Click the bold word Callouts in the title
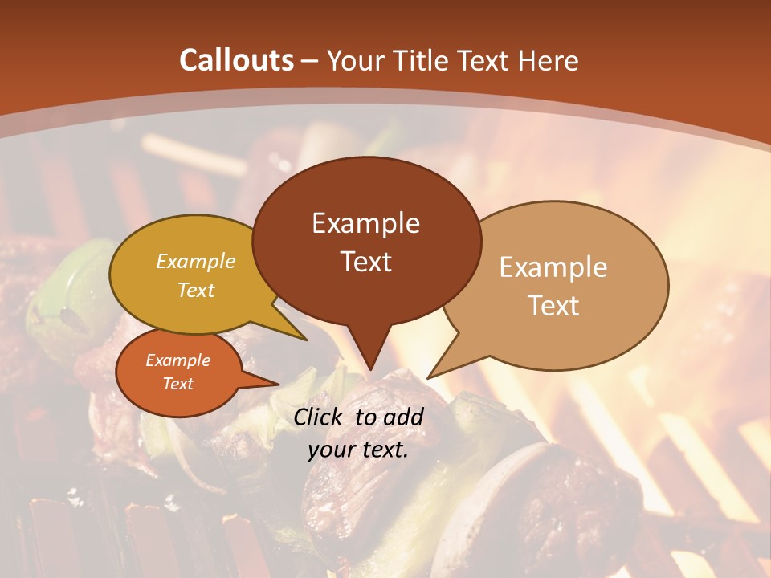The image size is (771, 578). pos(236,60)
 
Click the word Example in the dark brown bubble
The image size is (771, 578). pos(365,223)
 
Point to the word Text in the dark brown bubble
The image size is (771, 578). pos(365,262)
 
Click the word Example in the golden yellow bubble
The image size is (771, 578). pos(195,262)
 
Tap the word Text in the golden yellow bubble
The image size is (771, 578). pos(195,290)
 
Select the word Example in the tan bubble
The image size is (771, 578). pos(553,267)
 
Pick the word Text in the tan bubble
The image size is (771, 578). pos(553,306)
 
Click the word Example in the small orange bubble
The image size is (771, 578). pos(177,360)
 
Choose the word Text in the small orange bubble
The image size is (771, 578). pos(177,384)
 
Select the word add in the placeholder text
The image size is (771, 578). pos(404,417)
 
